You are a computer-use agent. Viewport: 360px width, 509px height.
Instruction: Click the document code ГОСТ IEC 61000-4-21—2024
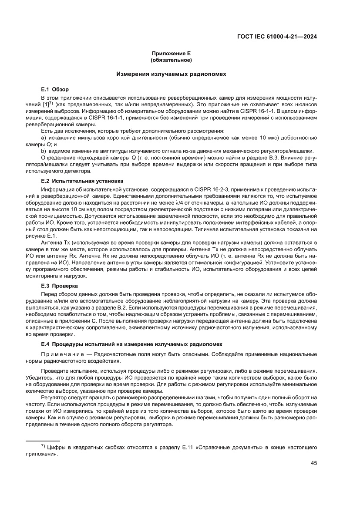tap(276, 37)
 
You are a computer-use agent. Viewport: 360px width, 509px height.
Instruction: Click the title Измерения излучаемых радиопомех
tap(171, 74)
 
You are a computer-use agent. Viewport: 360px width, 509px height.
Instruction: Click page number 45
tap(313, 463)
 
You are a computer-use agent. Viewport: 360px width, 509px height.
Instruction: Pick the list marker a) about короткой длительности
tap(44, 138)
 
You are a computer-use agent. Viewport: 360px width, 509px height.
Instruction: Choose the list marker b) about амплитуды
tap(44, 151)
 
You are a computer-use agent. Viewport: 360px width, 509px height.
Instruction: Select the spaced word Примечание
tap(61, 354)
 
